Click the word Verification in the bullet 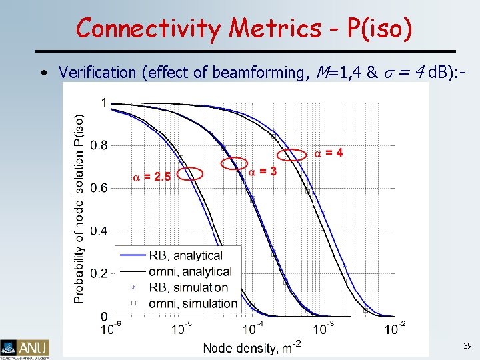(97, 71)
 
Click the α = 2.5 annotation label (151, 177)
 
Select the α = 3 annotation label (263, 171)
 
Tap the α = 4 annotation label (329, 153)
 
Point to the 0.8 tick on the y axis (99, 145)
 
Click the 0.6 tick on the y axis (99, 188)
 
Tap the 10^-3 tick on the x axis (323, 329)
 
